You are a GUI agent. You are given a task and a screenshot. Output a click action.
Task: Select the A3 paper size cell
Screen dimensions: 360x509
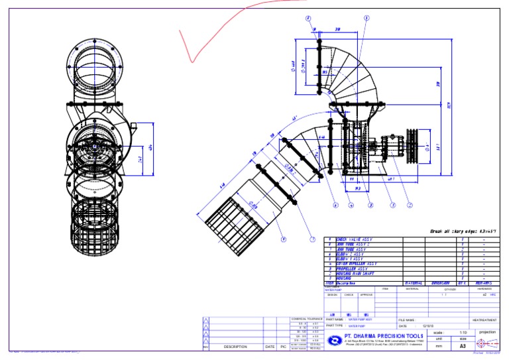[463, 346]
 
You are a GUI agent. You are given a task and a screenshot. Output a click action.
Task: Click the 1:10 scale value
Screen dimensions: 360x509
[463, 332]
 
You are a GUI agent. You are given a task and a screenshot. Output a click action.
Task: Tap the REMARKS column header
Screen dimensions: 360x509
[485, 283]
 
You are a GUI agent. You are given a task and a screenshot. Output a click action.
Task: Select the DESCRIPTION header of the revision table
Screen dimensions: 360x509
[235, 347]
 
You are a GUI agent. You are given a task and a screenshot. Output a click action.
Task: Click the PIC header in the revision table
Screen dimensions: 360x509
[283, 347]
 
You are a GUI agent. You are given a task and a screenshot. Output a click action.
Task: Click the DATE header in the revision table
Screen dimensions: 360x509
[270, 347]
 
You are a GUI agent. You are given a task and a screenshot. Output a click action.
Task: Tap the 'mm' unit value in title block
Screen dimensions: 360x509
[438, 346]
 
